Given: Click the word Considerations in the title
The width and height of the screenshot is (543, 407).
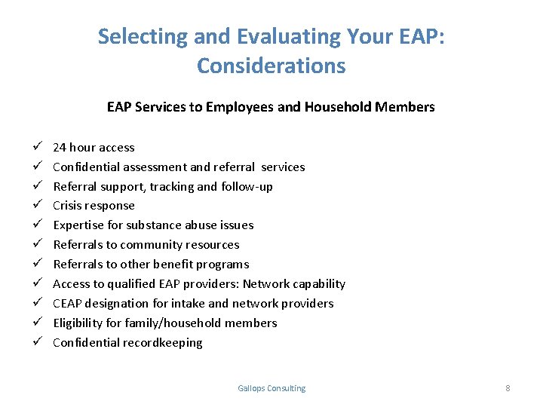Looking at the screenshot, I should [x=271, y=66].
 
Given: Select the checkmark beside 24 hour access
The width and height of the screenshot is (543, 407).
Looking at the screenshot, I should [x=37, y=147].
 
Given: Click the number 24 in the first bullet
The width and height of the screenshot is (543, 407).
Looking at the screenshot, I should [x=60, y=147].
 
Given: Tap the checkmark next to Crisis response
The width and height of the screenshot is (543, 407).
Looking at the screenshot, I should [x=37, y=205].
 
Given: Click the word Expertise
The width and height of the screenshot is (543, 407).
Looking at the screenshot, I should [x=78, y=225].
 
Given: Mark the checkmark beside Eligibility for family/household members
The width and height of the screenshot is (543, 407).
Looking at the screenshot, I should [x=37, y=323].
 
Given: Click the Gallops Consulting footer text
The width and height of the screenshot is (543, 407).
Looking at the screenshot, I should [x=271, y=388].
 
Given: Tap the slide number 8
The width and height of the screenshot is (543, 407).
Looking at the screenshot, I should [x=508, y=388].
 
